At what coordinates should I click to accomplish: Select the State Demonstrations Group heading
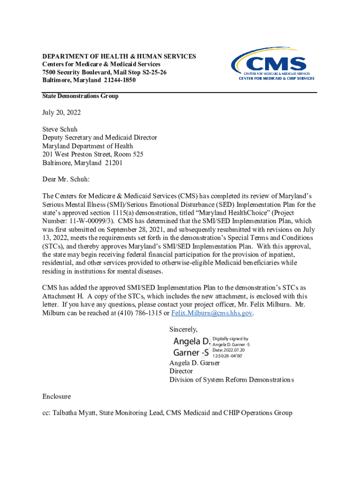[80, 96]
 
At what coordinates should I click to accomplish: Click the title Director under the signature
[181, 371]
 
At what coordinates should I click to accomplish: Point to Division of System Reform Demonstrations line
[231, 379]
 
